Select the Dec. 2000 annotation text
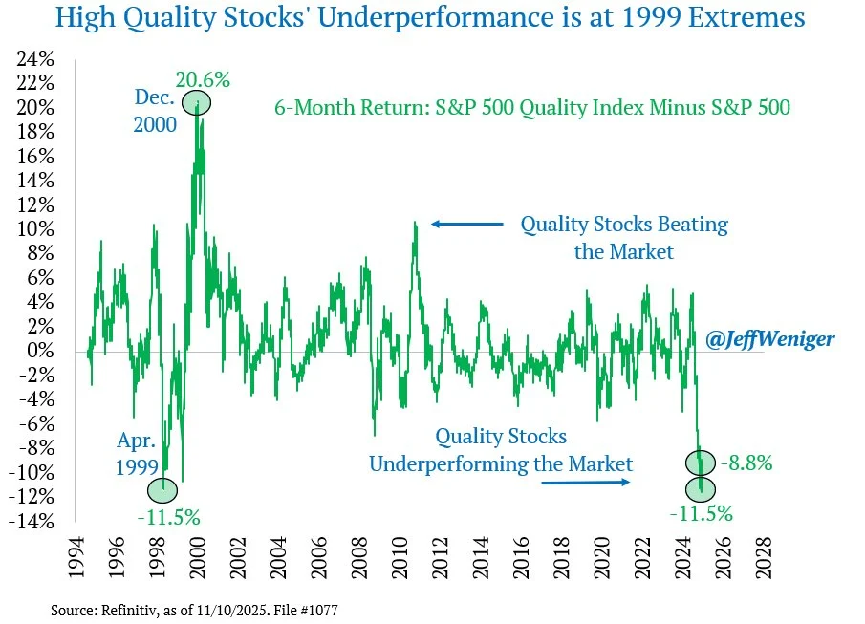pyautogui.click(x=153, y=110)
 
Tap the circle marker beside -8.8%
pyautogui.click(x=703, y=463)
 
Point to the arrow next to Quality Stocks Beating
pyautogui.click(x=466, y=225)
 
